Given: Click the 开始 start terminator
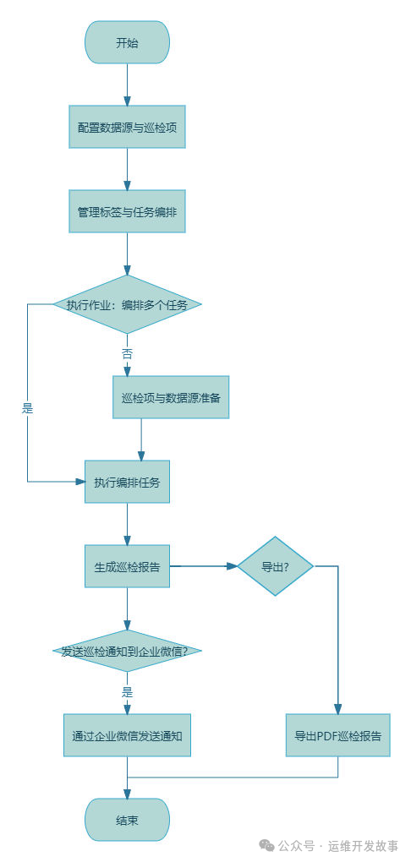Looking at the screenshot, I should pos(127,42).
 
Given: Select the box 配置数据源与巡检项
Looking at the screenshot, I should pos(127,127).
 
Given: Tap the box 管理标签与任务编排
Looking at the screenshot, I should pos(127,211).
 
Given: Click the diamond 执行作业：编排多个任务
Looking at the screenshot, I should pos(127,304).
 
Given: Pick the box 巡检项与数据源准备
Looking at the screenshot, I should pos(171,397).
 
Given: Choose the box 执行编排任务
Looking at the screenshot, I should pos(127,482).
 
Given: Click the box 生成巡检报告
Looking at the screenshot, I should pos(127,566).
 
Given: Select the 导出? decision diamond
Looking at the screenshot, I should pos(275,566).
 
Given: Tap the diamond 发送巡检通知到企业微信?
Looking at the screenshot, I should pos(127,651).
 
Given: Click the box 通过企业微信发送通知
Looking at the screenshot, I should pos(127,735).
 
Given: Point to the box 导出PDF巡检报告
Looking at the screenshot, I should pos(338,735).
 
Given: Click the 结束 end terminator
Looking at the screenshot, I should pos(127,820).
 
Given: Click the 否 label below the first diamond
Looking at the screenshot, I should pos(127,354).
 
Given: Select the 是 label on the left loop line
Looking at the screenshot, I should pos(27,408).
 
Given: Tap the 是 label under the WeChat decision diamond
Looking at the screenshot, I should pos(127,691).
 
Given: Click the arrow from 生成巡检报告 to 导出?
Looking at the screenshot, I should pos(203,566).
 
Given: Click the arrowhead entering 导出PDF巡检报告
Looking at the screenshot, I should pos(338,708).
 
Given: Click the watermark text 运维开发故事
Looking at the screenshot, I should pos(363,845).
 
